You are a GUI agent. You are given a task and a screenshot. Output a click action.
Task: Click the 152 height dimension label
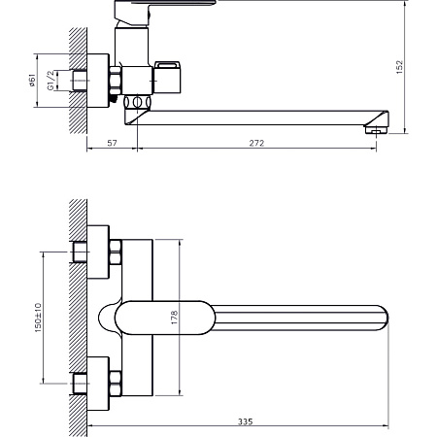[400, 67]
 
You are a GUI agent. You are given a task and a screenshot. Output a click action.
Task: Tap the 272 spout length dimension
[256, 143]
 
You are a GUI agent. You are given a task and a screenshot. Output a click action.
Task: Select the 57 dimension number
[112, 143]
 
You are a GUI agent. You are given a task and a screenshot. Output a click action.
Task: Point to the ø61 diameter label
[32, 80]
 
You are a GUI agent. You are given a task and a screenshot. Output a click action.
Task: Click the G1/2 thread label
[50, 81]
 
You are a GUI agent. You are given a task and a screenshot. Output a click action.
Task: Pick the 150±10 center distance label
[38, 318]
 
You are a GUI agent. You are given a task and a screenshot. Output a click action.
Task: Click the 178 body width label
[174, 318]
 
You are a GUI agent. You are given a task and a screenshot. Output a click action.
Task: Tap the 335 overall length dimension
[246, 421]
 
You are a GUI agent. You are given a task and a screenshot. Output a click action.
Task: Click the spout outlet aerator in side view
[376, 130]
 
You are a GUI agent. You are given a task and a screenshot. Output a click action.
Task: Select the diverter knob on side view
[167, 77]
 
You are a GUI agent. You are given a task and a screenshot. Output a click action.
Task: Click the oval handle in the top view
[165, 318]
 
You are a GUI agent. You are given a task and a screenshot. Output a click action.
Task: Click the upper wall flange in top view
[98, 252]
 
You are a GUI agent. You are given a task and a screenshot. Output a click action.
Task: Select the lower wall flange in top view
[98, 384]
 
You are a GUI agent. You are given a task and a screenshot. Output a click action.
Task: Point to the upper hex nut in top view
[116, 252]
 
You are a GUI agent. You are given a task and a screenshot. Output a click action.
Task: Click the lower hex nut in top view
[116, 384]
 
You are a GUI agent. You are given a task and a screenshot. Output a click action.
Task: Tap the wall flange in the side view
[98, 81]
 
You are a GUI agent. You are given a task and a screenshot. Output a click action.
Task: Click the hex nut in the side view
[116, 81]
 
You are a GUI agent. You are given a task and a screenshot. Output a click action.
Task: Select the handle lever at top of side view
[165, 3]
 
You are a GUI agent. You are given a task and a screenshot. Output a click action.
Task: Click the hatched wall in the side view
[78, 81]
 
